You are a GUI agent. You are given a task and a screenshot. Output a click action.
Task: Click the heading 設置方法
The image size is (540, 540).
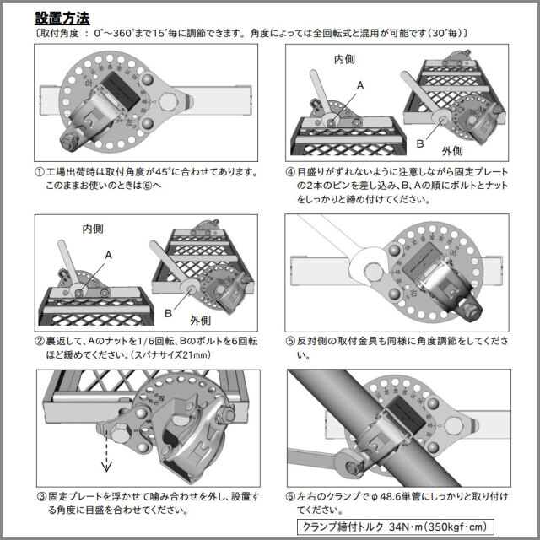[63, 17]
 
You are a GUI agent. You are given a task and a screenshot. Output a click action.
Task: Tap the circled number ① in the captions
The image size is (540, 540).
[40, 171]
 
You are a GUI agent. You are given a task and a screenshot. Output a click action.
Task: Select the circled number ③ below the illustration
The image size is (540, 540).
[40, 497]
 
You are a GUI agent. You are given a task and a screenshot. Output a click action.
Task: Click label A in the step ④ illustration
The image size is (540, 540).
[360, 85]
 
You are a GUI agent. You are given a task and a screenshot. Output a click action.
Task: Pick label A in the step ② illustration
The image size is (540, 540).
[108, 254]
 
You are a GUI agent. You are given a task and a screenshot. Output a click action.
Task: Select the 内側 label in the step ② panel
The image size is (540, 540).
[93, 229]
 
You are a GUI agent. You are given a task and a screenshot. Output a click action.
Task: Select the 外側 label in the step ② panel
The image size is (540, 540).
[201, 321]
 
